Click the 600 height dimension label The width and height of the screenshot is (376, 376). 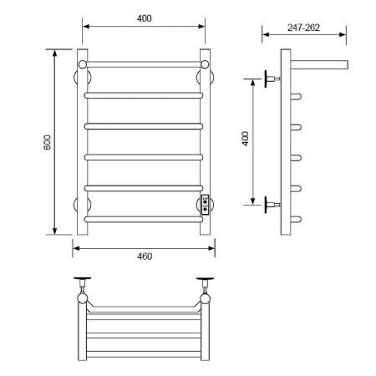(x=48, y=142)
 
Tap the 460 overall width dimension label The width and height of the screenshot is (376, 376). (x=145, y=257)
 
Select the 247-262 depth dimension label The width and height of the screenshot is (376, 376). (x=303, y=28)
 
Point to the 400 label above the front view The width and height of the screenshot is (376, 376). (x=145, y=18)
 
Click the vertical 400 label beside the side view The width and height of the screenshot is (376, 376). (x=246, y=139)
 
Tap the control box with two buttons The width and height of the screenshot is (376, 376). (x=206, y=205)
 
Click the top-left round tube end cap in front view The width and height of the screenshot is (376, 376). (x=83, y=64)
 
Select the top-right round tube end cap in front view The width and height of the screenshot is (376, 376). (x=205, y=64)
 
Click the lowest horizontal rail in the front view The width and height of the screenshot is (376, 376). (x=144, y=220)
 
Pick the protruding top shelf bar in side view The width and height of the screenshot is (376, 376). (x=319, y=64)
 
